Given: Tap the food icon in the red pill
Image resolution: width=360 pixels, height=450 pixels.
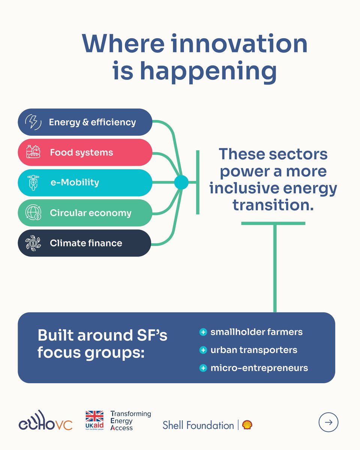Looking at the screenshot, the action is (x=33, y=153).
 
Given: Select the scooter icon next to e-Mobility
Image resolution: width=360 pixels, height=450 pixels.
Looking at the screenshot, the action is (x=33, y=183).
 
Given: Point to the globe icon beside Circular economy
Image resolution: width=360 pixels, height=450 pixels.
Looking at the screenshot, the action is (x=33, y=213).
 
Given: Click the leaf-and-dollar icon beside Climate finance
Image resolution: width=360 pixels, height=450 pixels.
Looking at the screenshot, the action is (x=33, y=243).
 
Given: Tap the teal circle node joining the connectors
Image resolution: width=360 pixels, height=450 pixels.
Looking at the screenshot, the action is (x=181, y=183).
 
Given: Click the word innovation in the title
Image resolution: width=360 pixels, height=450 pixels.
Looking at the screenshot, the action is (x=238, y=44).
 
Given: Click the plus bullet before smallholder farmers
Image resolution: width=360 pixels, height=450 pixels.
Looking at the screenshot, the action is (x=203, y=332).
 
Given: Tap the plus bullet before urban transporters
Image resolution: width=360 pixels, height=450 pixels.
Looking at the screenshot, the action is (x=203, y=350).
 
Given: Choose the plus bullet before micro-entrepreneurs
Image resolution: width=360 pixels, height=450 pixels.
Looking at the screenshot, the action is (x=203, y=368).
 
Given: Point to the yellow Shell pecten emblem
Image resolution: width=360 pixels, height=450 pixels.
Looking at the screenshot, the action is (x=247, y=425).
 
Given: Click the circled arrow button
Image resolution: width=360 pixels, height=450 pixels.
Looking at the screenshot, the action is (x=328, y=422).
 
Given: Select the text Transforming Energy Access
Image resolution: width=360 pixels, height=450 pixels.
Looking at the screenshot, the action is (x=130, y=421).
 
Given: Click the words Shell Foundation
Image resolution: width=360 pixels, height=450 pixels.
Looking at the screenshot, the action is (x=198, y=425).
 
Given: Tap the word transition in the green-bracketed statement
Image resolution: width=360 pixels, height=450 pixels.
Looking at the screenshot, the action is (x=273, y=205).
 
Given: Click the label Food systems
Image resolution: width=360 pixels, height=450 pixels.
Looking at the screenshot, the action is (x=81, y=153).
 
